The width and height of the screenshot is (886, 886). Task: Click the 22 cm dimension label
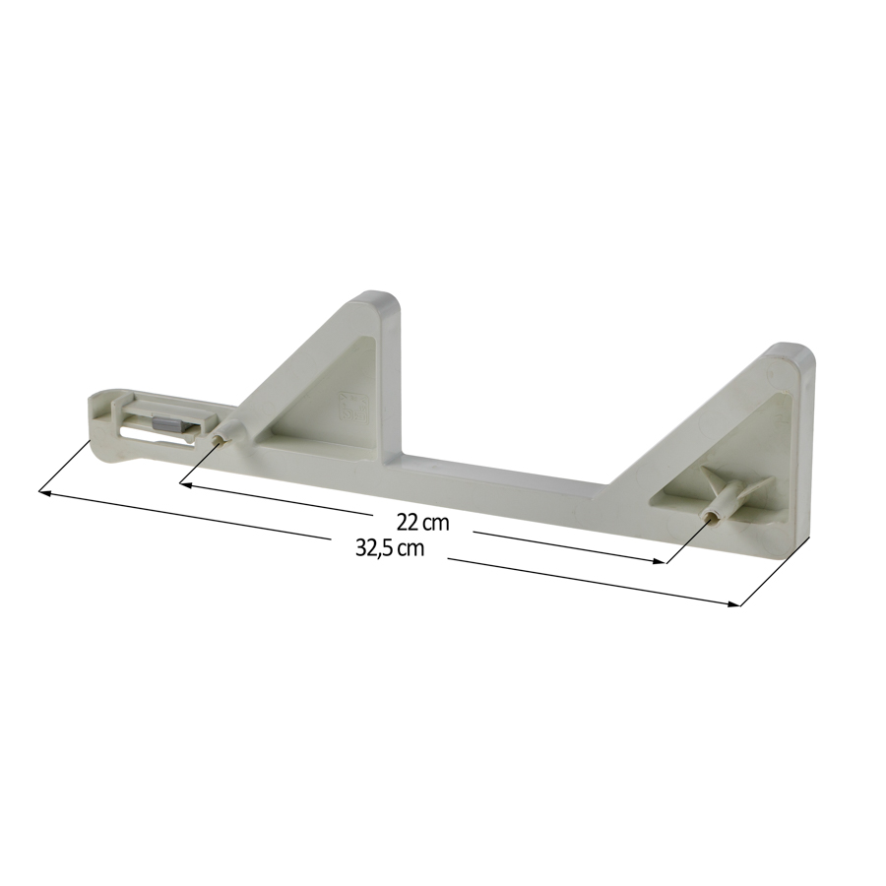422,523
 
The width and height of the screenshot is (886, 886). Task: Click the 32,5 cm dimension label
389,547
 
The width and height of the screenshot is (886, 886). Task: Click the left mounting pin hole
220,440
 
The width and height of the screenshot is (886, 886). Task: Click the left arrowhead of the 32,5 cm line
44,493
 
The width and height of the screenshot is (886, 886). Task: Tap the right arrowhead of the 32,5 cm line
732,604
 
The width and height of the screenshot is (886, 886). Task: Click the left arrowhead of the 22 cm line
186,484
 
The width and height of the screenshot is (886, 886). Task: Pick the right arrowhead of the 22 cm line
659,561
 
